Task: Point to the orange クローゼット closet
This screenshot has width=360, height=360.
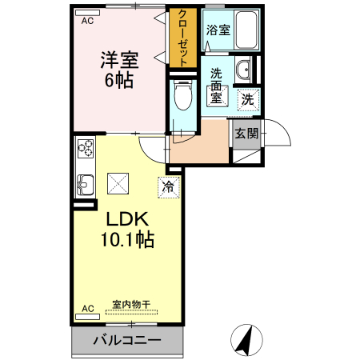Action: click(x=182, y=38)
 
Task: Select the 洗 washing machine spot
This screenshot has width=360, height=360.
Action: click(x=248, y=99)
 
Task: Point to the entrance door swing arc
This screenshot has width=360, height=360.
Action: click(x=272, y=132)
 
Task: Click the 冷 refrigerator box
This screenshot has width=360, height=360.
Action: click(x=168, y=186)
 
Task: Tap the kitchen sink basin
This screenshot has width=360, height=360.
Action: click(x=85, y=185)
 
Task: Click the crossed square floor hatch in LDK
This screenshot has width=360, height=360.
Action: click(x=117, y=183)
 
